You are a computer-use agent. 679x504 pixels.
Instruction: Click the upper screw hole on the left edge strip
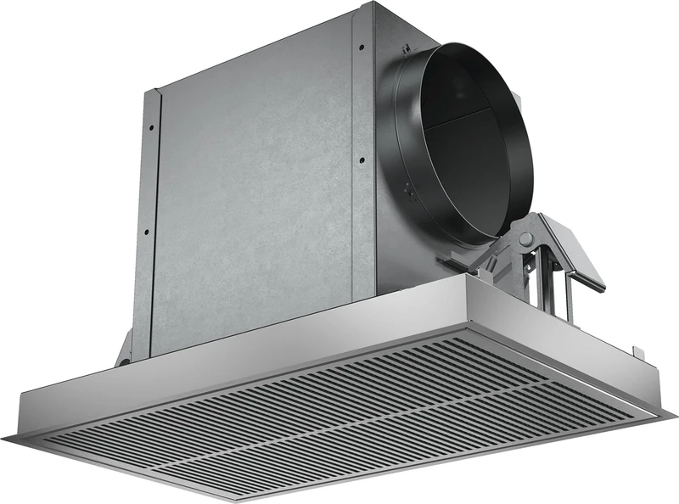152,127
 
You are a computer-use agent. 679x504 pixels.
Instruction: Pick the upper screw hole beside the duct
361,47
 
